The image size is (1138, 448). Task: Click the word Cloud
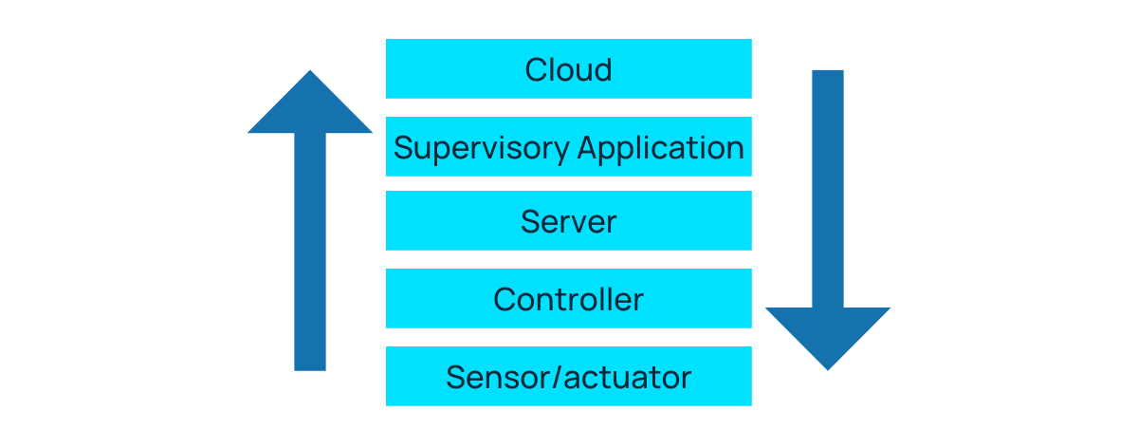click(x=568, y=69)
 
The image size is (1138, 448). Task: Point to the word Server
click(x=568, y=222)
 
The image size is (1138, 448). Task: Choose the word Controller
click(x=568, y=300)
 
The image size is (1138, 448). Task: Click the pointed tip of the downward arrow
click(x=828, y=367)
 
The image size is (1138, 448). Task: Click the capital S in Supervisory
click(x=402, y=148)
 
